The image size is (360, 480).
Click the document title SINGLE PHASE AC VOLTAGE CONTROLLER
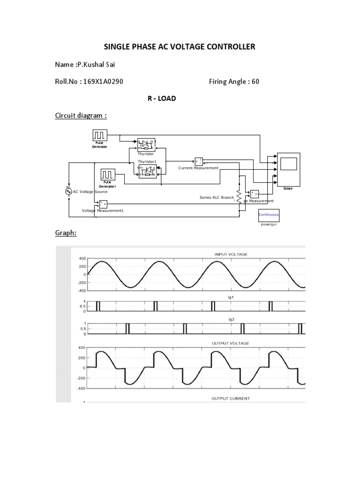[x=179, y=46]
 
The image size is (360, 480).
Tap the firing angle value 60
[x=255, y=82]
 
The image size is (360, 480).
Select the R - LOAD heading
[x=161, y=98]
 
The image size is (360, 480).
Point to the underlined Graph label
[x=66, y=232]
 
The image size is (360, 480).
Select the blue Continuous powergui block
[x=269, y=215]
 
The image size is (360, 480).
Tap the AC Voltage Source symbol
[x=68, y=191]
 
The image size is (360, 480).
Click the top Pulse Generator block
[x=100, y=135]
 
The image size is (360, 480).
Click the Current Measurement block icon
[x=198, y=161]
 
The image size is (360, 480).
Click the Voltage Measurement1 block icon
[x=102, y=203]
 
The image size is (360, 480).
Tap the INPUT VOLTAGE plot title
[x=231, y=254]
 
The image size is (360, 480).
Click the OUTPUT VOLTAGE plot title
[x=231, y=343]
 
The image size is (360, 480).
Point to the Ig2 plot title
[x=231, y=319]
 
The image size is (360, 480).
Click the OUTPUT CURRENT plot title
[x=231, y=398]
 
